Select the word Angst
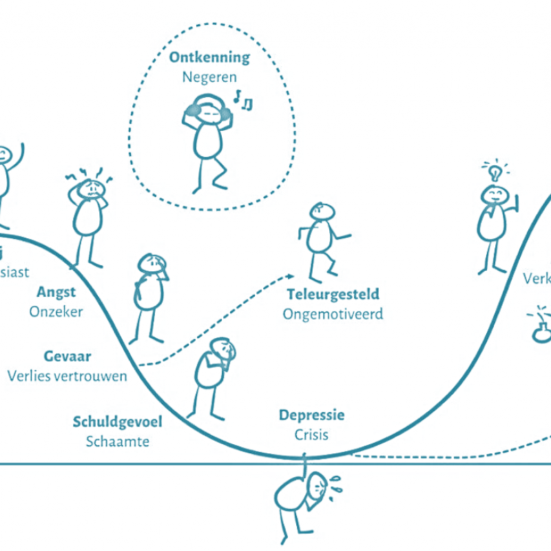(x=56, y=292)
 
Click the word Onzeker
(x=56, y=311)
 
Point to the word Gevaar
(x=67, y=357)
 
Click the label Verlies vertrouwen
(x=67, y=376)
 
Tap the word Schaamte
(x=118, y=441)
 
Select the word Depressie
(x=311, y=415)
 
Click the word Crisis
(x=311, y=435)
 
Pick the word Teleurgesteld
(x=333, y=295)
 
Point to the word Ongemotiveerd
(x=333, y=314)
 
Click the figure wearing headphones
(x=207, y=141)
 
